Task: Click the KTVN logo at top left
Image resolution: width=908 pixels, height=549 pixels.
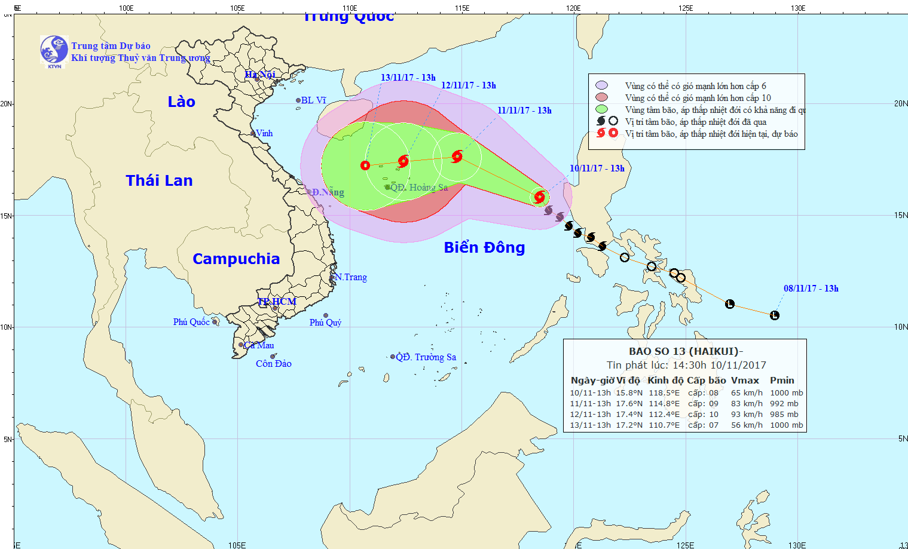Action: point(54,50)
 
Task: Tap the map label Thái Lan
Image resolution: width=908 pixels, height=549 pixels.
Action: point(159,180)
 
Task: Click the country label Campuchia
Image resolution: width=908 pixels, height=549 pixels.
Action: point(236,259)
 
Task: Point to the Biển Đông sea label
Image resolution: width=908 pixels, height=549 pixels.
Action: point(484,247)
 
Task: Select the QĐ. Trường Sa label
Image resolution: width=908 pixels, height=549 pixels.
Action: point(426,357)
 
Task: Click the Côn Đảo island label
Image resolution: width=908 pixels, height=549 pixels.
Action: point(273,364)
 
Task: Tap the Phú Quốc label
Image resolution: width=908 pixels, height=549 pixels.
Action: point(191,322)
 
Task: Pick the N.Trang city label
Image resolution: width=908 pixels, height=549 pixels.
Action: point(351,277)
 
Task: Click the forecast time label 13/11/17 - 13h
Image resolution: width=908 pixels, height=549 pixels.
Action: point(408,78)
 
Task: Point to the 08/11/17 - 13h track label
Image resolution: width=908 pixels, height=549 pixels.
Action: point(811,289)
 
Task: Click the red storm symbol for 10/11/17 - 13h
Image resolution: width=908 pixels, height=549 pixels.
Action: point(540,197)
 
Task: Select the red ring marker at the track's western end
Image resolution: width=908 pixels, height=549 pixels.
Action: point(365,165)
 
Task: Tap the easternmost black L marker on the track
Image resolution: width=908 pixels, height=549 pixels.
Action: point(775,315)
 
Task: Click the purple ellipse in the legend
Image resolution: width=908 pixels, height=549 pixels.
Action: point(601,85)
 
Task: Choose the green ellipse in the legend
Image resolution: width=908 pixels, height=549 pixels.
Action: point(601,109)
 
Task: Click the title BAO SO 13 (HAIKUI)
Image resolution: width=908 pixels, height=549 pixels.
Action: point(685,351)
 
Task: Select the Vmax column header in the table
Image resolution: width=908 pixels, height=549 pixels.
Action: point(745,381)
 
